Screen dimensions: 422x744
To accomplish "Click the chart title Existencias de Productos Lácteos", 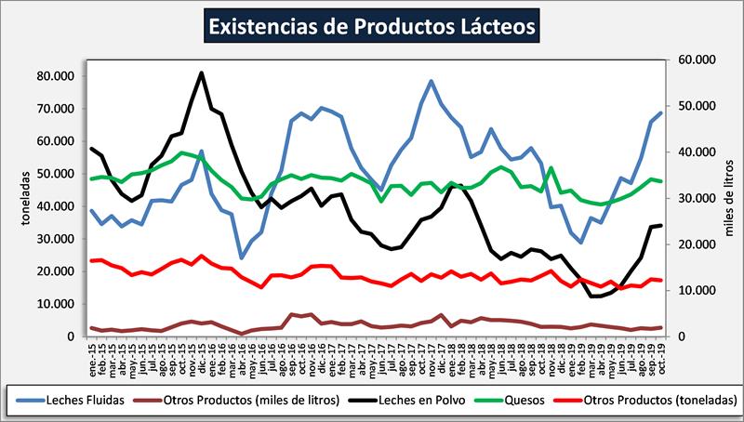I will (372, 25).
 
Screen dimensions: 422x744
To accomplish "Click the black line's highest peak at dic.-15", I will (202, 73).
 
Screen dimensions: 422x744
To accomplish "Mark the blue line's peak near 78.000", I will (432, 81).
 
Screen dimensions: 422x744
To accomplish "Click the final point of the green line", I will (660, 181).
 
